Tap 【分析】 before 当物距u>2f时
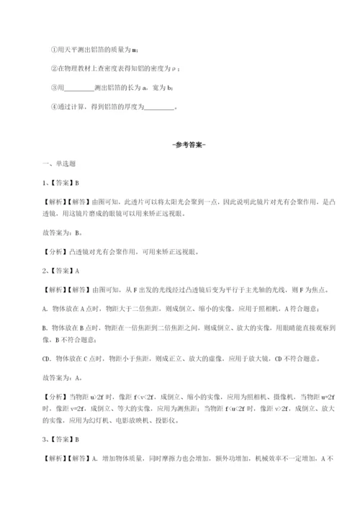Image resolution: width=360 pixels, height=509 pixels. tap(49, 395)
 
